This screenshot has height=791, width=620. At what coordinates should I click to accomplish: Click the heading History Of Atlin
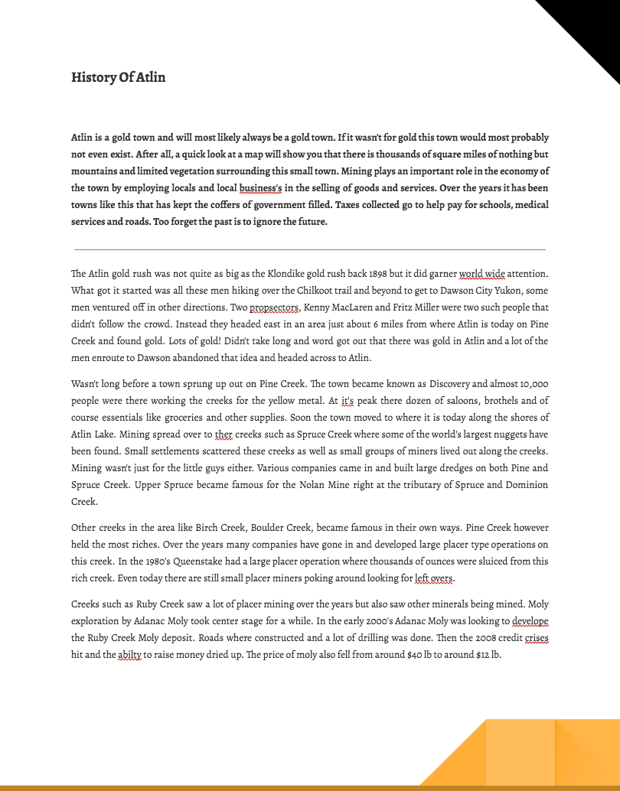point(118,77)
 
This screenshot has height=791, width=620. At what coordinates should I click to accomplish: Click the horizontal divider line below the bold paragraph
point(310,249)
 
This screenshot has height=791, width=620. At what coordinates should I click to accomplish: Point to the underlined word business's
point(260,188)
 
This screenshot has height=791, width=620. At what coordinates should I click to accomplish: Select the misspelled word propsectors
point(273,308)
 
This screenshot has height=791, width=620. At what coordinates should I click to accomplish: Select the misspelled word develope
point(530,621)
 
